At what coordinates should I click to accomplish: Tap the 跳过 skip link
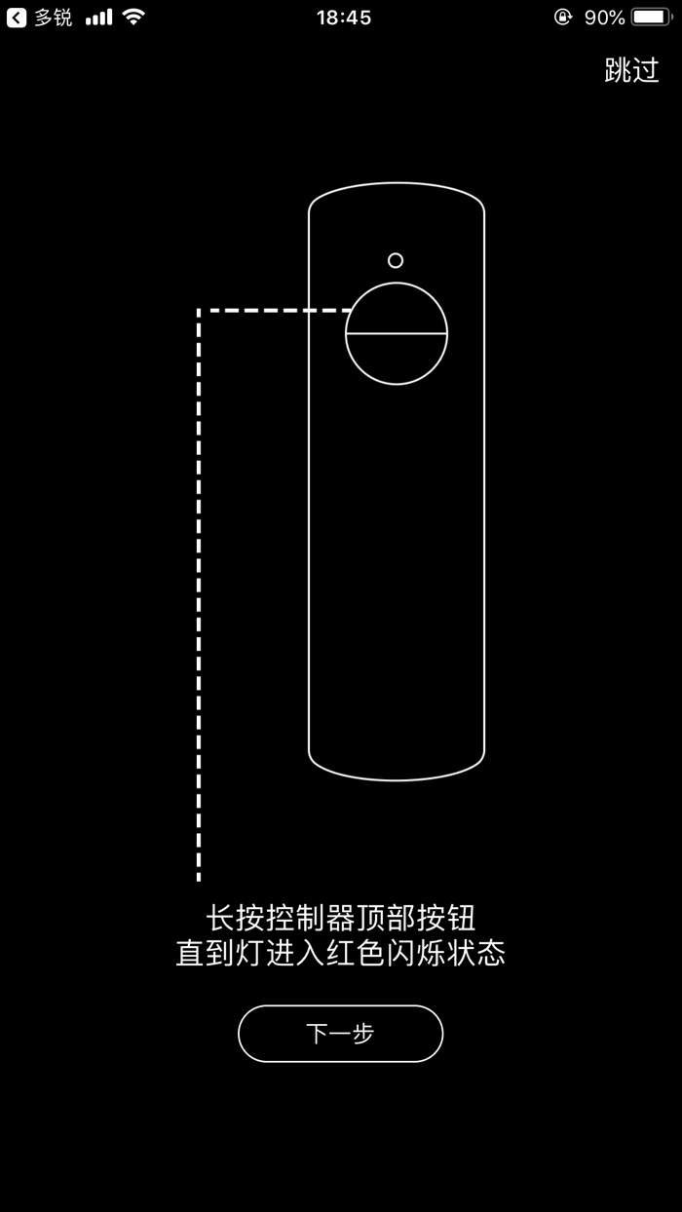(631, 70)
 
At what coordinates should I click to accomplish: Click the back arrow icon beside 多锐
(17, 18)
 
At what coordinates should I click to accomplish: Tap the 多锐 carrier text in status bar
(54, 18)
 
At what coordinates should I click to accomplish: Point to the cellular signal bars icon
(98, 18)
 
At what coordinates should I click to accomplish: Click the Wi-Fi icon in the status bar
(134, 18)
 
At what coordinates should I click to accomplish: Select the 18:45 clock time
(343, 18)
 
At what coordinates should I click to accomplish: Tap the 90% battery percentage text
(604, 18)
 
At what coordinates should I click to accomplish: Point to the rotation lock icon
(562, 18)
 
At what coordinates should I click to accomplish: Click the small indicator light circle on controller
(396, 260)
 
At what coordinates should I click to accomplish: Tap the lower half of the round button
(397, 358)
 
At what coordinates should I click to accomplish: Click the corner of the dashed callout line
(199, 311)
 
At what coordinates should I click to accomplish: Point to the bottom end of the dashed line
(199, 877)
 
